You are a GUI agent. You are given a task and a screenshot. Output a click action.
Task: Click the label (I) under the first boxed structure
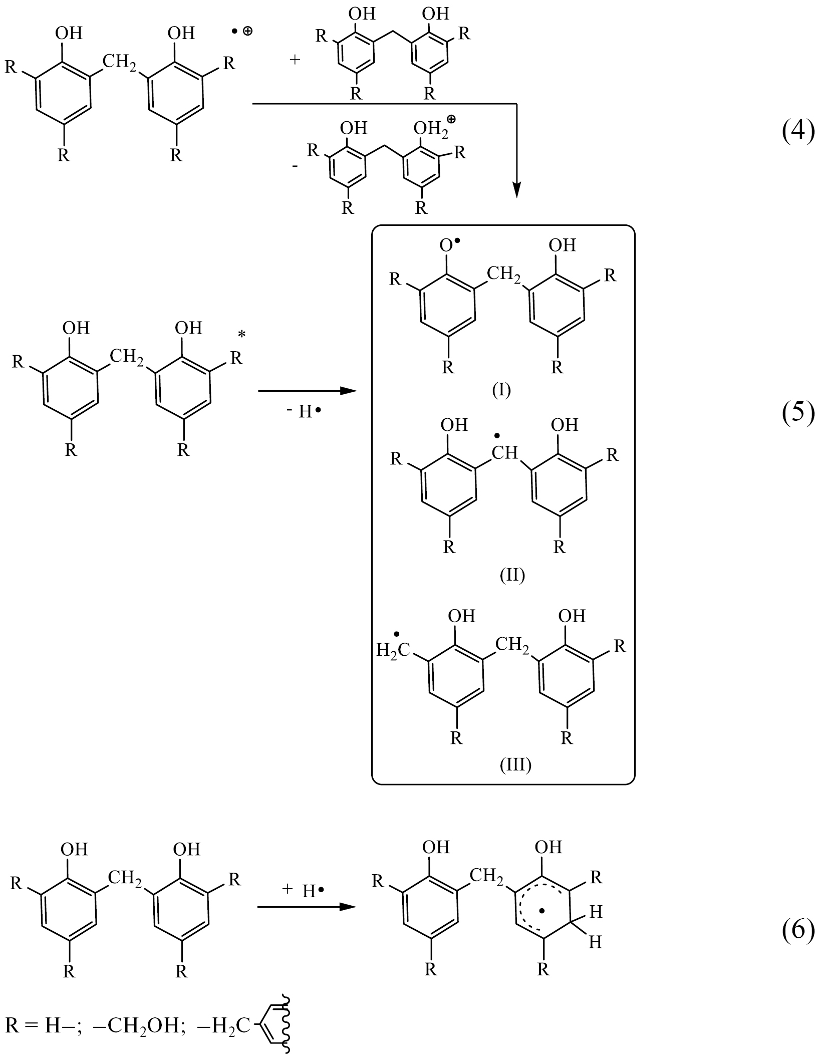(501, 389)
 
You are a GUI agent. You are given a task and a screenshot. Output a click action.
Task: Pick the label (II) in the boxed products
(512, 575)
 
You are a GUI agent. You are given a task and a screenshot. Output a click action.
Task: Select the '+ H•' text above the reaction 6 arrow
(304, 890)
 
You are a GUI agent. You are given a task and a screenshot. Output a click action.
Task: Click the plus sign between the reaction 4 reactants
(295, 60)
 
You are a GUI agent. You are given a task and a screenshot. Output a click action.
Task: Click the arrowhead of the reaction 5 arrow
(349, 391)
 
